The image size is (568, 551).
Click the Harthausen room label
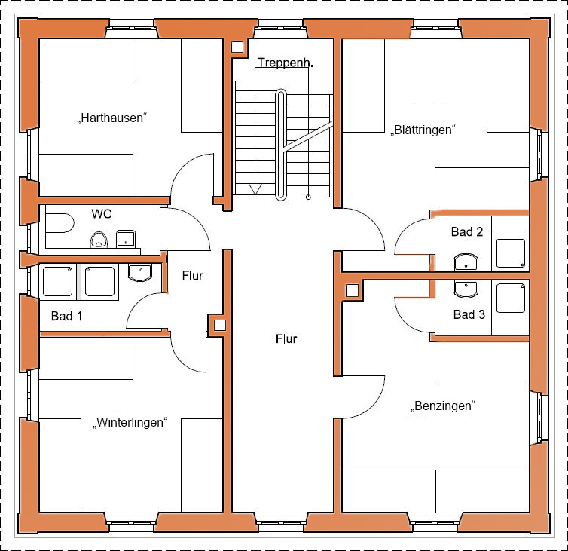coord(112,118)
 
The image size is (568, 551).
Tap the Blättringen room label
coord(423,130)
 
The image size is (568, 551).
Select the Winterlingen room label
coord(130,423)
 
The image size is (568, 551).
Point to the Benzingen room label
coord(443,406)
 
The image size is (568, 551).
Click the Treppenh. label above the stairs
coord(285,63)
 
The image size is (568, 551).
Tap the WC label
coord(102,214)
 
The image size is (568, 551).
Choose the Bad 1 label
coord(66,316)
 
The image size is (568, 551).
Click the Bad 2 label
coord(467,232)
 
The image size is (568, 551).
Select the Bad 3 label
coord(469,314)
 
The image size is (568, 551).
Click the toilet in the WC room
coord(60,223)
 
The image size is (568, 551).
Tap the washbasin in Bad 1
coord(140,273)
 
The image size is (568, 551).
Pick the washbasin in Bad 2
coord(466,262)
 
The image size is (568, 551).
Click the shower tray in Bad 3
coord(511,298)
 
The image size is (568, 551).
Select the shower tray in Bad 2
coord(511,253)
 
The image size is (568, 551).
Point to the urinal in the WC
coord(99,240)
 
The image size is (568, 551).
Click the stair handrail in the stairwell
coord(281,145)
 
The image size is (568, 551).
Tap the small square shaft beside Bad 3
coord(352,290)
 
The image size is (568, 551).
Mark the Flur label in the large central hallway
coord(286,339)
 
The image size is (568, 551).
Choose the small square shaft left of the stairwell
coord(237,47)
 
